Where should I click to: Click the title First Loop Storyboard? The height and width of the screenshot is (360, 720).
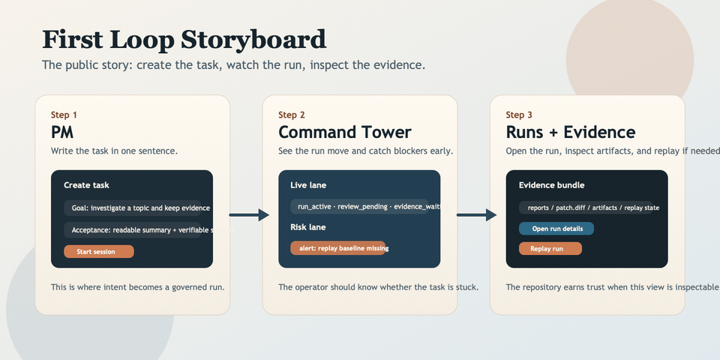(x=184, y=39)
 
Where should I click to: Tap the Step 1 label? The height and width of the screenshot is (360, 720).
(x=64, y=115)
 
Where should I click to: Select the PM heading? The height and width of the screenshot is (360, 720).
(x=62, y=132)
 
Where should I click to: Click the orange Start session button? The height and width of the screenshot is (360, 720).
(x=99, y=251)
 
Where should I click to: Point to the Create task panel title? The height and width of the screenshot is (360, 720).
(x=86, y=184)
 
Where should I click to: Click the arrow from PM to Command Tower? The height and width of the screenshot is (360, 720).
(x=249, y=215)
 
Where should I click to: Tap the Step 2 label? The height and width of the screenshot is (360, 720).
(x=292, y=115)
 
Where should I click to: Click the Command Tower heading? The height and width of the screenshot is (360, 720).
(x=344, y=132)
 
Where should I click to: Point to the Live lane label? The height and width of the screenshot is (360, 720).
(x=308, y=184)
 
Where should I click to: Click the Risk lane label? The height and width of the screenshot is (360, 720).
(x=307, y=226)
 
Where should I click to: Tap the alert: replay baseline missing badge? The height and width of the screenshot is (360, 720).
(x=337, y=247)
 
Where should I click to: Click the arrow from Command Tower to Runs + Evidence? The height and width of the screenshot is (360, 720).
(x=476, y=215)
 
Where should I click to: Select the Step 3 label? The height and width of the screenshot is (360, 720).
(x=519, y=115)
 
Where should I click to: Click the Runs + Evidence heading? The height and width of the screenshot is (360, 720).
(x=570, y=132)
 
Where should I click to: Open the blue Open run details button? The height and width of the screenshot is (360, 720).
(x=556, y=229)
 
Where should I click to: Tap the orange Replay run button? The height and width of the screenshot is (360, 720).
(x=550, y=248)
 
